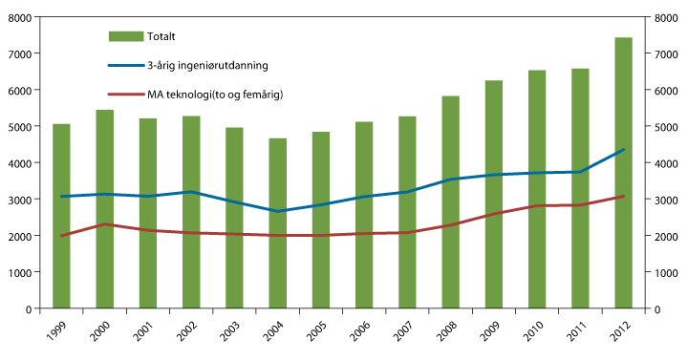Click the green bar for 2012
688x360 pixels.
(623, 172)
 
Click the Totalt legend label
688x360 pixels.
(161, 36)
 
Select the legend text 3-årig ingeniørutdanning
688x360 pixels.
(206, 65)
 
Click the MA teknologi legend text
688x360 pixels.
(215, 94)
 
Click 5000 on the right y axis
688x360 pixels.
(666, 127)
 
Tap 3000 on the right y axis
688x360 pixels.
(666, 200)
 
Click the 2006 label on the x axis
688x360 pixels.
(359, 334)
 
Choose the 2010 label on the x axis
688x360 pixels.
(532, 334)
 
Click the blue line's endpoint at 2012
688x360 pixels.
(623, 150)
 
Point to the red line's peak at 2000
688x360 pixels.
(104, 224)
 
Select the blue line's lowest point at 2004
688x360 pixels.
(277, 211)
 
